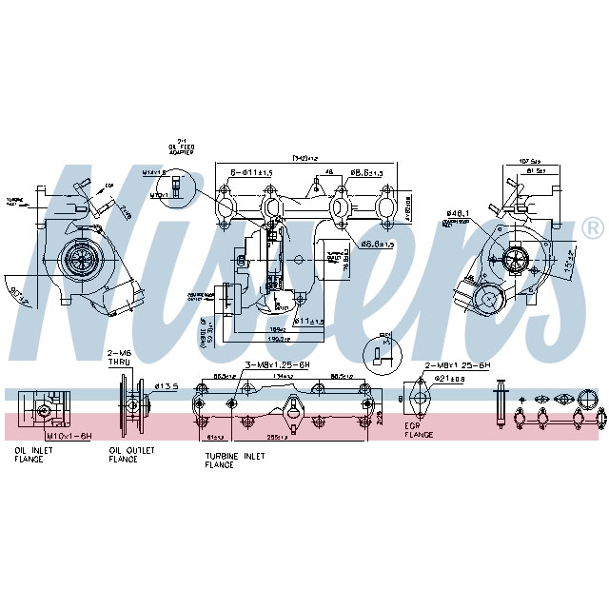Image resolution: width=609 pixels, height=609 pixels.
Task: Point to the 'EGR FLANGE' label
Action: click(418, 430)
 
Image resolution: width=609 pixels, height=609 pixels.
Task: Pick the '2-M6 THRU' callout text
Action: click(118, 359)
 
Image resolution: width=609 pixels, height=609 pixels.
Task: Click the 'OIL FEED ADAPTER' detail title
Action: click(181, 148)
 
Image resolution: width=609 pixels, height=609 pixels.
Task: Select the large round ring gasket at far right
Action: click(590, 397)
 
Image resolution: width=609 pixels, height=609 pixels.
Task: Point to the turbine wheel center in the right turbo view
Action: click(519, 256)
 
